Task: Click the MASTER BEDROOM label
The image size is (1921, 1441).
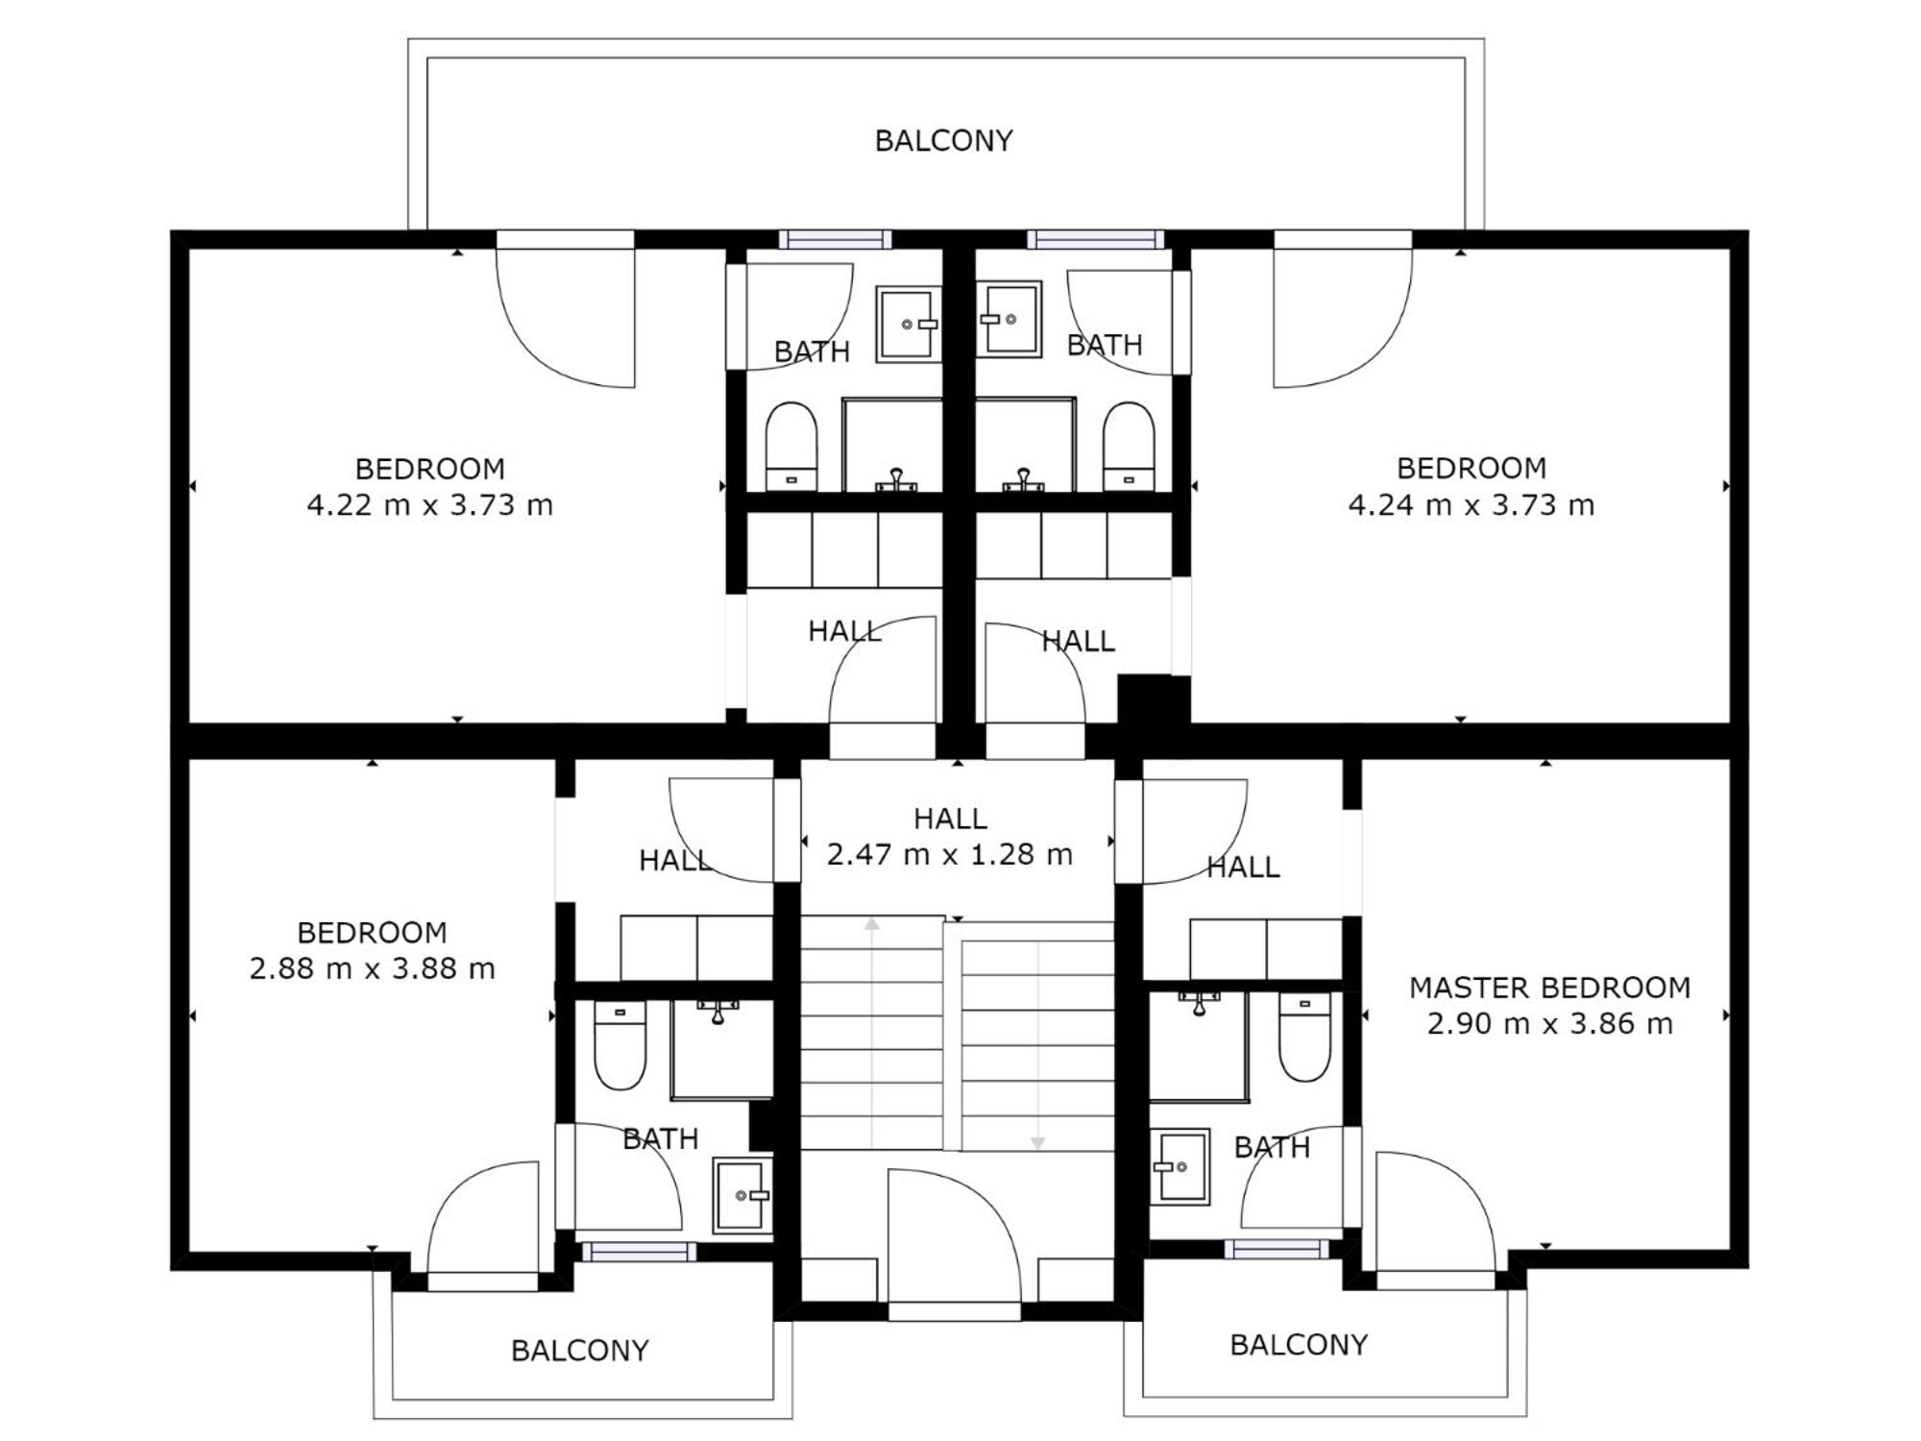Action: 1549,988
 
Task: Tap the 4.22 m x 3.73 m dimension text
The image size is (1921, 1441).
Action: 430,504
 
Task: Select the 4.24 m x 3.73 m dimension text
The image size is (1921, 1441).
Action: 1471,504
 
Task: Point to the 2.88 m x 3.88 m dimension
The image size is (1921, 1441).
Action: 373,968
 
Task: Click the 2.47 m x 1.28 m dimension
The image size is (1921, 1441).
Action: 950,854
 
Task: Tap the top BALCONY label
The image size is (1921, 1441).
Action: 944,141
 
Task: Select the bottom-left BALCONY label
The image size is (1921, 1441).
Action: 580,1351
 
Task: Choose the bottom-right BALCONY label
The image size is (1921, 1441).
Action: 1299,1345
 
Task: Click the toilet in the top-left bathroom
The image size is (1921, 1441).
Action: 791,447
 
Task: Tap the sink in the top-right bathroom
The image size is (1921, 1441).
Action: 1009,319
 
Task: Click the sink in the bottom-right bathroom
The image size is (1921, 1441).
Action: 1180,1167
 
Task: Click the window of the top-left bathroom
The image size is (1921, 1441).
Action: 835,239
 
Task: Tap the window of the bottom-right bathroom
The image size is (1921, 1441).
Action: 1277,1249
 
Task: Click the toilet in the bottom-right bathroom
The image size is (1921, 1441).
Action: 1304,1038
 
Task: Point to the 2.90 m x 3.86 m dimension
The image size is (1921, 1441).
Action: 1549,1024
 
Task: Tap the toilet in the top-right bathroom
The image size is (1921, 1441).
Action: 1129,447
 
